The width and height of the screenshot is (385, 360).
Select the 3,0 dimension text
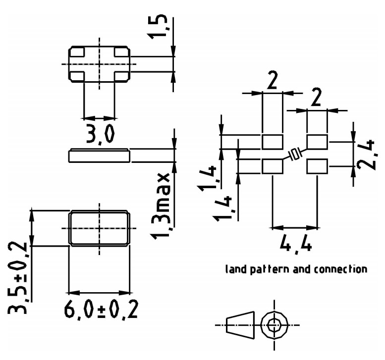click(100, 134)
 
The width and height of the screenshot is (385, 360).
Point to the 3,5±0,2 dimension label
click(18, 279)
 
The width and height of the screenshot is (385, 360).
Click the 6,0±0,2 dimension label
click(101, 310)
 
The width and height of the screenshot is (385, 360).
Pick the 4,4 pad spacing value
click(296, 244)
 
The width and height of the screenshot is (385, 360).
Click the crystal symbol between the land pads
click(295, 154)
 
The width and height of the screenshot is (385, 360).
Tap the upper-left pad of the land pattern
click(272, 142)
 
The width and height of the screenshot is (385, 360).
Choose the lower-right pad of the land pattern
click(317, 166)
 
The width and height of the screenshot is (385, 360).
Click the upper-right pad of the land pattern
click(317, 142)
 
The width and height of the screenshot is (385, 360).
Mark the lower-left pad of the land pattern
click(272, 166)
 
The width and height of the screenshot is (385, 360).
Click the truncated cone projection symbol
click(240, 325)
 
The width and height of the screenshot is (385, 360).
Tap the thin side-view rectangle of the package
click(99, 156)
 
